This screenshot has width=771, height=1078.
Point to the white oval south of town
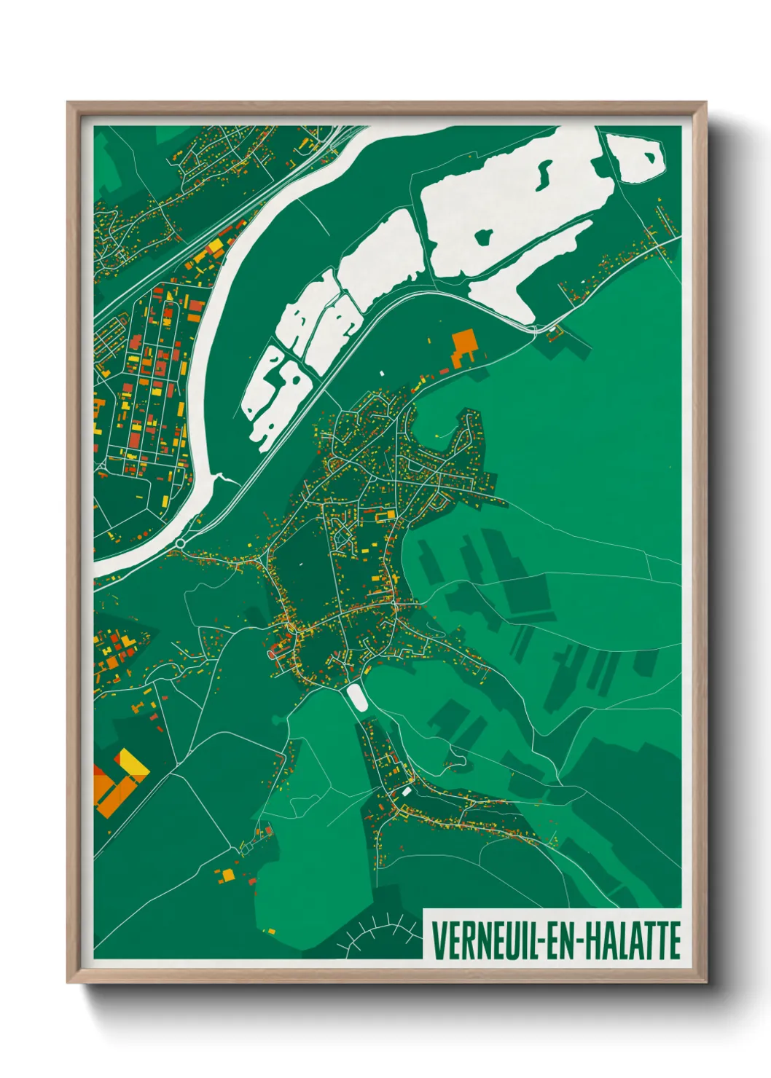pyautogui.click(x=357, y=697)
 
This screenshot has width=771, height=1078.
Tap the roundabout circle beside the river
pyautogui.click(x=180, y=543)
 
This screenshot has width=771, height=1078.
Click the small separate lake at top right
pyautogui.click(x=635, y=157)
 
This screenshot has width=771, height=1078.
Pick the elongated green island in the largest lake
pyautogui.click(x=544, y=173)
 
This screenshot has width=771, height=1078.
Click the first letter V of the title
pyautogui.click(x=438, y=940)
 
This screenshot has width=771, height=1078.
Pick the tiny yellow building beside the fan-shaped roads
pyautogui.click(x=270, y=931)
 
